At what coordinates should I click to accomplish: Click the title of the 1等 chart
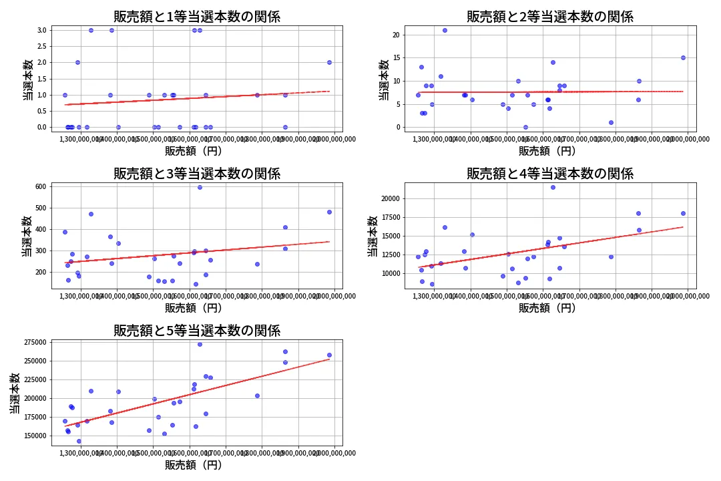click(x=197, y=17)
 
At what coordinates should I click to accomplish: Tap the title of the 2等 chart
click(x=550, y=17)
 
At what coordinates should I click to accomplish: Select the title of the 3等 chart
click(x=197, y=174)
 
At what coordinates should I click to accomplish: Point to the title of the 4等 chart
click(x=550, y=174)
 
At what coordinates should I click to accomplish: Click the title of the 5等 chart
click(x=197, y=330)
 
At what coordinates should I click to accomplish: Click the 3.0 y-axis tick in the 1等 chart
click(x=41, y=30)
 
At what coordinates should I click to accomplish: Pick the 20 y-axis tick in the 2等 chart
click(x=396, y=35)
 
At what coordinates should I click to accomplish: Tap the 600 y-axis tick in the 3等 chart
click(x=39, y=186)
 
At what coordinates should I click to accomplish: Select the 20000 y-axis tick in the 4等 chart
click(x=389, y=198)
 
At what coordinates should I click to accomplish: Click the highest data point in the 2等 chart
click(x=445, y=30)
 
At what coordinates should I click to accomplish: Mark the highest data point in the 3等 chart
click(x=200, y=187)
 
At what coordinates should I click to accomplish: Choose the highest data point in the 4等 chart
click(x=553, y=187)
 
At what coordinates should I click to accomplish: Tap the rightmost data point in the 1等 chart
click(x=329, y=62)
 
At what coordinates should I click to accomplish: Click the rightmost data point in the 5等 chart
click(x=329, y=355)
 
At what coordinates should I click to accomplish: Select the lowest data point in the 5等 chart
click(x=79, y=441)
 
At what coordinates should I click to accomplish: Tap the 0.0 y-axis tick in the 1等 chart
click(x=41, y=127)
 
